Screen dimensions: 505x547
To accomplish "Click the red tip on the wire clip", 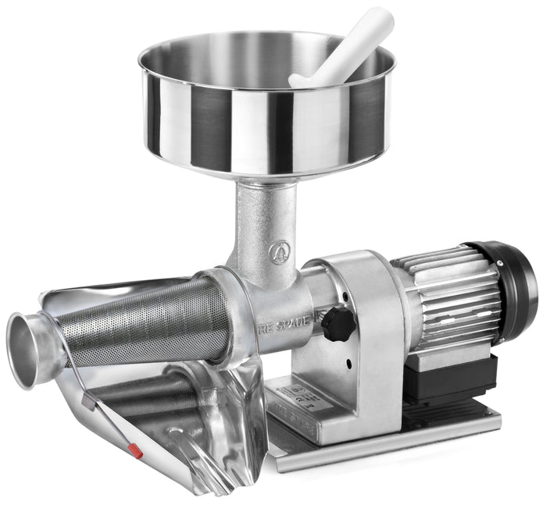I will point(134,450).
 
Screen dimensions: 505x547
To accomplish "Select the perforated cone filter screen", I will point(133,324).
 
